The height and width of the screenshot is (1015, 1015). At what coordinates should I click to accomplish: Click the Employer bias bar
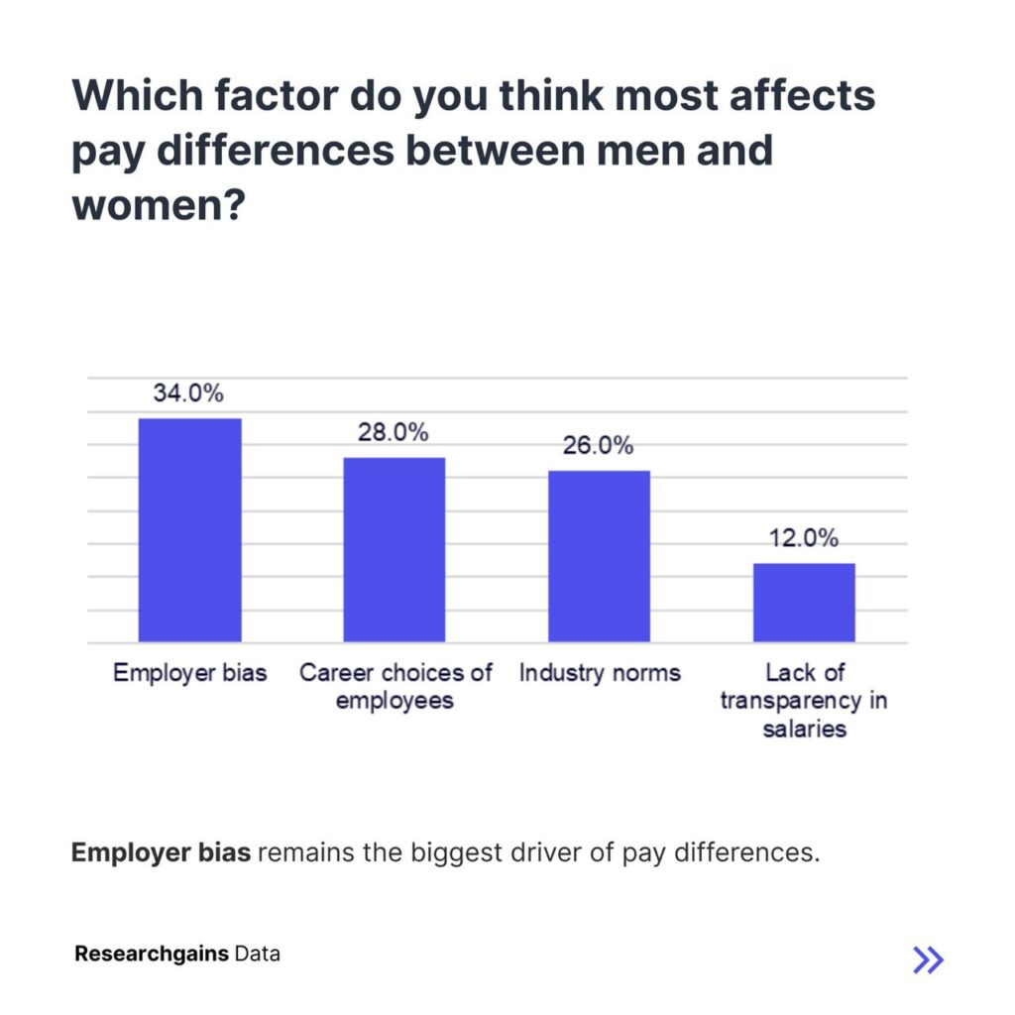coord(189,530)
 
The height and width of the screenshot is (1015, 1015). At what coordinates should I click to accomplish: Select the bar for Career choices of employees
coord(395,550)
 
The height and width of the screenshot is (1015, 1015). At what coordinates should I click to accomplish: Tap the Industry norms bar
coord(600,556)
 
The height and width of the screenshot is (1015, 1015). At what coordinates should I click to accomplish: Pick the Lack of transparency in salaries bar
coord(804,603)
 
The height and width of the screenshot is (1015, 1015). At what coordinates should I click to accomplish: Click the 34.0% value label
coord(188,393)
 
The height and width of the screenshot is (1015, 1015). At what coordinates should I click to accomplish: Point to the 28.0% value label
coord(394,432)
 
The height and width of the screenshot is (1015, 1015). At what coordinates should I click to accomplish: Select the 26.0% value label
coord(599,446)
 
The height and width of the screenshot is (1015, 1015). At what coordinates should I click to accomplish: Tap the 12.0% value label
coord(804,538)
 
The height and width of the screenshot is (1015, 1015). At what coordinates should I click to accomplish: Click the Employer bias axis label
coord(189,673)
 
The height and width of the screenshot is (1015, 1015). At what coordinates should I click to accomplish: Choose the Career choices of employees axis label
coord(395,686)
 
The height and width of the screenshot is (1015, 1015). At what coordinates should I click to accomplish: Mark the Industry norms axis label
coord(600,673)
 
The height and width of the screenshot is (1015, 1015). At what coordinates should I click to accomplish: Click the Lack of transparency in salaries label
coord(804,700)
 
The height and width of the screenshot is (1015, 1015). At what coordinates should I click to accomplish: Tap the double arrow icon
coord(928,959)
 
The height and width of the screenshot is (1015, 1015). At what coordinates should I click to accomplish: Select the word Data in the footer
coord(258,955)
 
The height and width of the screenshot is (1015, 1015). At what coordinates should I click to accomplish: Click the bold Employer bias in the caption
coord(161,852)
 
